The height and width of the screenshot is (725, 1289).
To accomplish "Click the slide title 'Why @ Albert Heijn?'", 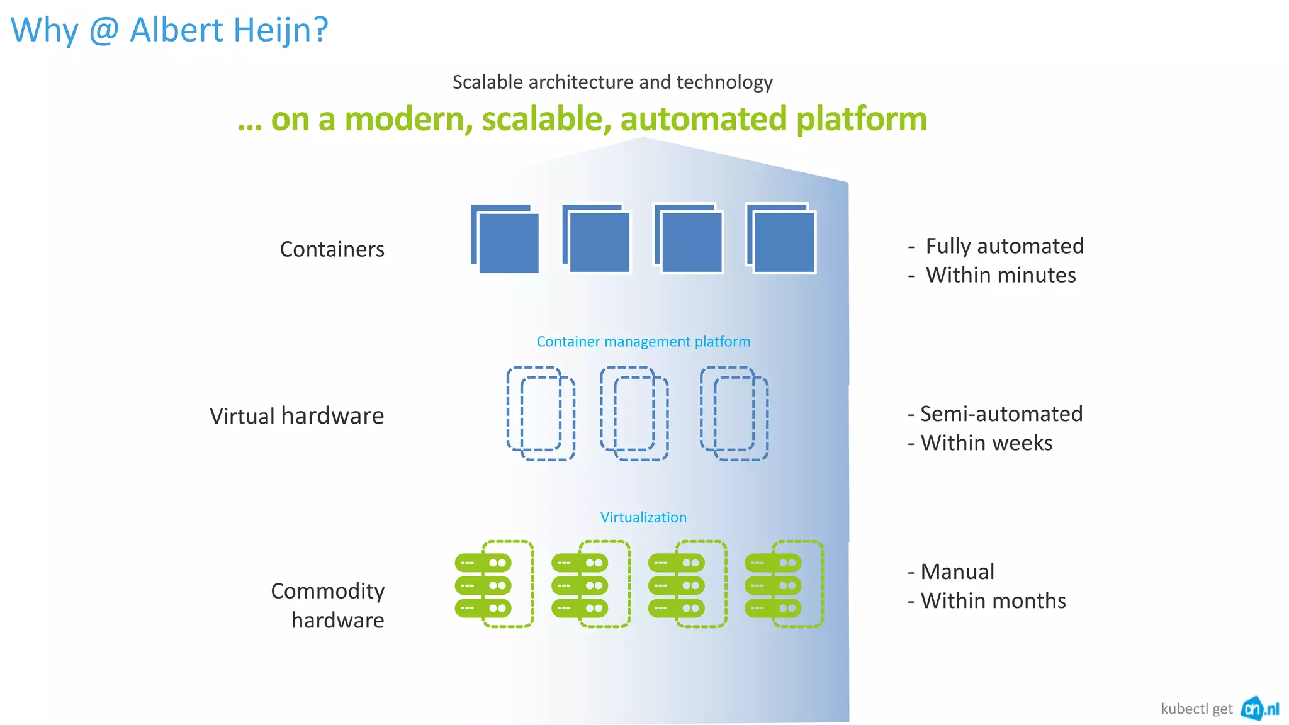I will click(169, 30).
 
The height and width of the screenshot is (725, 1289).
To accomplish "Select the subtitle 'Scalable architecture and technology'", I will click(612, 82).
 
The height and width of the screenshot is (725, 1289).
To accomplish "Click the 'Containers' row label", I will click(332, 249).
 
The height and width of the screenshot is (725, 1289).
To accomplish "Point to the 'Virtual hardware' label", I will click(296, 416).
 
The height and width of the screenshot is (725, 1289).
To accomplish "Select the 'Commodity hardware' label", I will click(328, 605).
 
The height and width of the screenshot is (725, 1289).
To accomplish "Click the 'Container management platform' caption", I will click(643, 342).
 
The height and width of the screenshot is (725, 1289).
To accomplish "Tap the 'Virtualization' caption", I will click(643, 517).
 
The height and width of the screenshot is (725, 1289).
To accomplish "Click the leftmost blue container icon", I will click(505, 239).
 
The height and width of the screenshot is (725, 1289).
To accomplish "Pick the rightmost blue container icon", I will click(780, 238).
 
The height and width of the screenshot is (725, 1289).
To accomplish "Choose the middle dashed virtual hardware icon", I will click(634, 413).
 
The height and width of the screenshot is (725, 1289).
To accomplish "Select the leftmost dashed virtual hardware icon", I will click(541, 413).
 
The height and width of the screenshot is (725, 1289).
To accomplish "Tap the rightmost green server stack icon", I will click(783, 585).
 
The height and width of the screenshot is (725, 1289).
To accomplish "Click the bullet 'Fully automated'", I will click(1004, 246).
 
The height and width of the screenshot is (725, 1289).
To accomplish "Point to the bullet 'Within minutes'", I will click(1000, 275).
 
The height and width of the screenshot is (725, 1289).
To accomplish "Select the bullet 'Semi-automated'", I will click(1001, 414).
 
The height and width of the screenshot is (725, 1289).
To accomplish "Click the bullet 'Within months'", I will click(993, 601).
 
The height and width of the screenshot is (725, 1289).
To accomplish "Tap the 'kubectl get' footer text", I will click(1196, 709).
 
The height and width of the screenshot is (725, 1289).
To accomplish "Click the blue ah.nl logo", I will click(1259, 709).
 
